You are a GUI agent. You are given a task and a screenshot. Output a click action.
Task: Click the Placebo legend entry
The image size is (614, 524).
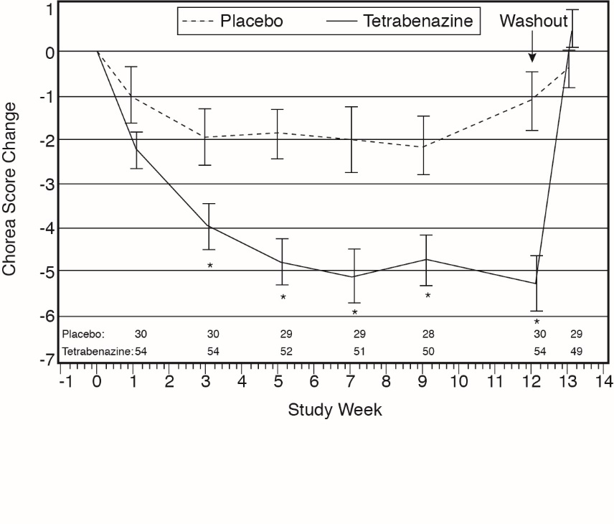point(251,21)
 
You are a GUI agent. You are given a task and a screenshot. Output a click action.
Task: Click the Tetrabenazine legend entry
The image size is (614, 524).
point(418,21)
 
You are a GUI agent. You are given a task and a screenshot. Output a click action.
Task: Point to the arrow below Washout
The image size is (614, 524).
point(532,49)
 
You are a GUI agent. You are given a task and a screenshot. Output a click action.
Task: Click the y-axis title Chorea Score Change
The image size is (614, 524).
point(9,188)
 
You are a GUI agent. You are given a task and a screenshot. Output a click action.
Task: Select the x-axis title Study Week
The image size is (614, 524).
point(335,410)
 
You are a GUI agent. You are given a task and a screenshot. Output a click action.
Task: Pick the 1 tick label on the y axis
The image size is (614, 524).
point(49,9)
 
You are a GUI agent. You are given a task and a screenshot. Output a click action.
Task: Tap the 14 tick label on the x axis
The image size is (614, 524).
point(603,380)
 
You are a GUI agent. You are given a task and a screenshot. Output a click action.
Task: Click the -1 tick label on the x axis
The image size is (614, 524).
point(65,380)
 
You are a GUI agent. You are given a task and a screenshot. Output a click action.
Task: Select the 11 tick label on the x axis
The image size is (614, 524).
point(494,380)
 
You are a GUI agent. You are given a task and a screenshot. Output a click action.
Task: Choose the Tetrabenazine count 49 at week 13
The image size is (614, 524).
point(575,351)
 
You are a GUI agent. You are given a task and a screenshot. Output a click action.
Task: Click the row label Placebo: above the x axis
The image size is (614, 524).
point(83,334)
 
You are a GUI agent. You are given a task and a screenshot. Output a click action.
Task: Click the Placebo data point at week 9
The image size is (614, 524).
point(424,146)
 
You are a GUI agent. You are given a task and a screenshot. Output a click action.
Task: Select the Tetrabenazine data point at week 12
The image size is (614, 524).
point(535,284)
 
